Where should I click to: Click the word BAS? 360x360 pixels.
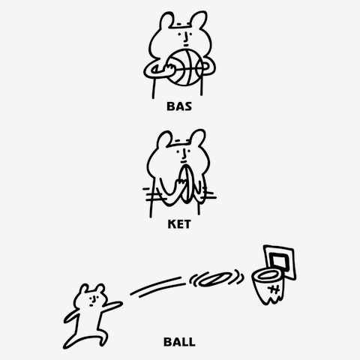[x=179, y=106]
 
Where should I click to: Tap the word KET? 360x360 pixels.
[x=179, y=224]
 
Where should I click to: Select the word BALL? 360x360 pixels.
[x=179, y=342]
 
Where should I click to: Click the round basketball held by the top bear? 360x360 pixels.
[x=185, y=67]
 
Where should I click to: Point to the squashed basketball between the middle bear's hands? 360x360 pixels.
[x=187, y=184]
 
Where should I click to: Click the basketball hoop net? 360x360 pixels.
[x=268, y=287]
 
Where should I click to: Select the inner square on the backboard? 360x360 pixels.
[x=279, y=260]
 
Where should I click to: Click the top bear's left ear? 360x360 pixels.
[x=166, y=20]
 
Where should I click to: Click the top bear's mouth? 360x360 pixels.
[x=186, y=46]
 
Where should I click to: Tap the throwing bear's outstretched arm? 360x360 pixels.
[x=112, y=306]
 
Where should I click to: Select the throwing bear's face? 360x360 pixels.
[x=93, y=300]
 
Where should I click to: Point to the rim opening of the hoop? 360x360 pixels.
[x=268, y=275]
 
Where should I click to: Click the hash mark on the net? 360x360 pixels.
[x=274, y=290]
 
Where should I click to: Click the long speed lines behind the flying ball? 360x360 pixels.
[x=158, y=286]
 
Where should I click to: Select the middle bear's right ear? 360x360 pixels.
[x=198, y=136]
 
